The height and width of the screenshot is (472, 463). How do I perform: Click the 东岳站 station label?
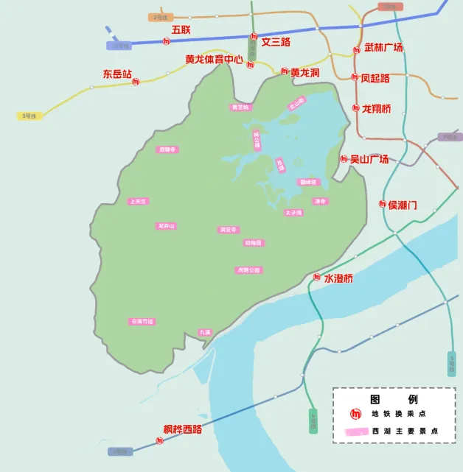pos(117,74)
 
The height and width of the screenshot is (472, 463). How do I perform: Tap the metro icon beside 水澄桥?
pos(317,278)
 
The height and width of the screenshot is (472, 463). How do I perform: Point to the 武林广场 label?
pos(383,48)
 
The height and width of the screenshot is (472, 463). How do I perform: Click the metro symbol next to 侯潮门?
pos(383,204)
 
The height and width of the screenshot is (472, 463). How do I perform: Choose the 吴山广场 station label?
pos(369,158)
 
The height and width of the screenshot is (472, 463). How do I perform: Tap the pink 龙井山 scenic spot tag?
pos(167,225)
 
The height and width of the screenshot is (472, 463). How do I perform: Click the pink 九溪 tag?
pos(205,332)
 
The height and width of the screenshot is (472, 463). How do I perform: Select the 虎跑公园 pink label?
pos(248,270)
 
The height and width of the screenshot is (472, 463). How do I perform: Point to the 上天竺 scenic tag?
pos(138,200)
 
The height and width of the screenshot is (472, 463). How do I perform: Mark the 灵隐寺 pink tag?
pos(168,149)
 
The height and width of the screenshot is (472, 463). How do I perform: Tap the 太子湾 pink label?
pos(293,212)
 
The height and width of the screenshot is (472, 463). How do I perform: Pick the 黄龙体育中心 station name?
pos(214,59)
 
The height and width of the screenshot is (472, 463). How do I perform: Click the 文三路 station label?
pos(276,42)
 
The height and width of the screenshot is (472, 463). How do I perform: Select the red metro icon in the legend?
pos(355,414)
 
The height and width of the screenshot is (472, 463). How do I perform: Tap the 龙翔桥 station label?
pos(376,109)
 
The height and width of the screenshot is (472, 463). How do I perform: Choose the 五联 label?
pos(181,29)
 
